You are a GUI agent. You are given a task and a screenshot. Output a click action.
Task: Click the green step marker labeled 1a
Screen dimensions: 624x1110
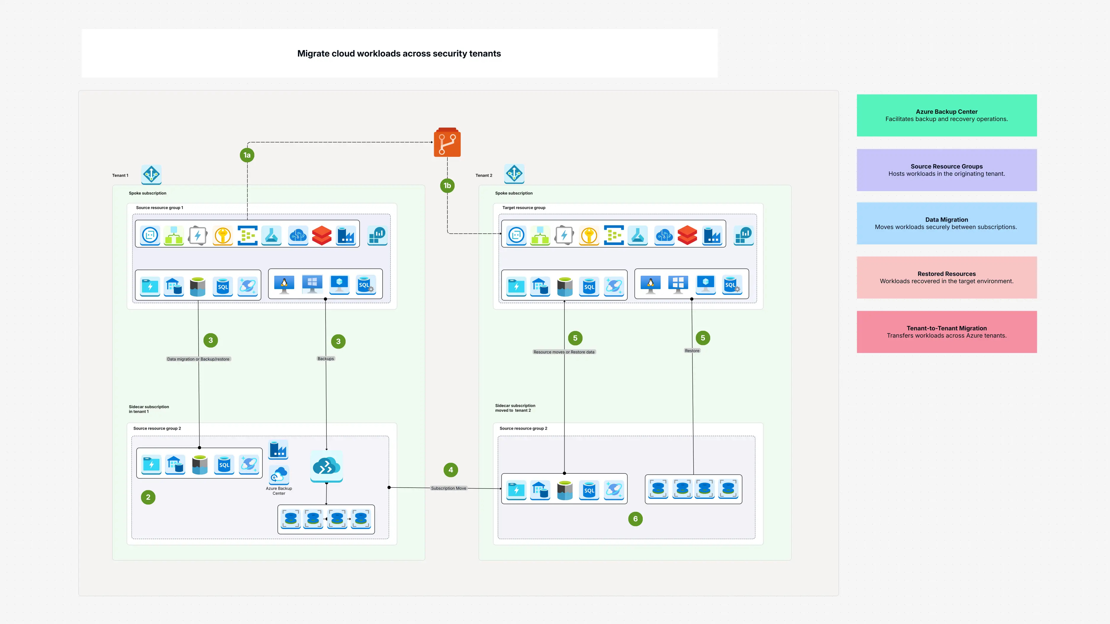pyautogui.click(x=247, y=155)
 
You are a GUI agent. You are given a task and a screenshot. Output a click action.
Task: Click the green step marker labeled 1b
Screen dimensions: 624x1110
pyautogui.click(x=447, y=186)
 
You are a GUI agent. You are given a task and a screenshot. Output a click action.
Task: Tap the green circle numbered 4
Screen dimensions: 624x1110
pyautogui.click(x=451, y=470)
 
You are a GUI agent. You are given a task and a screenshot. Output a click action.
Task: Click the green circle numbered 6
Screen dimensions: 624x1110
pyautogui.click(x=635, y=519)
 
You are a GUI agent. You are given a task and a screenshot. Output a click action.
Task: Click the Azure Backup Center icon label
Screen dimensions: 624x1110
pyautogui.click(x=279, y=491)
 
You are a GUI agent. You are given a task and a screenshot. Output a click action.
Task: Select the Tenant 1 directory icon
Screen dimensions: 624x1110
pyautogui.click(x=151, y=175)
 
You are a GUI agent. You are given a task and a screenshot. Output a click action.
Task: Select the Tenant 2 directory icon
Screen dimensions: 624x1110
pyautogui.click(x=514, y=174)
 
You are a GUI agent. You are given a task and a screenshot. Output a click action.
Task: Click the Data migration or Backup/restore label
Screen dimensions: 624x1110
pyautogui.click(x=198, y=359)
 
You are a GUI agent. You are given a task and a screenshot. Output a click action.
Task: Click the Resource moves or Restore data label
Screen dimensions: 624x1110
pyautogui.click(x=564, y=352)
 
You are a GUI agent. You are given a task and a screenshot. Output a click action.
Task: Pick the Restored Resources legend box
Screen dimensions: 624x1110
pyautogui.click(x=946, y=278)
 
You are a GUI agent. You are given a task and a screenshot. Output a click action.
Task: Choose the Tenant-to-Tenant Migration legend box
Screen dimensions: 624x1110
pyautogui.click(x=946, y=332)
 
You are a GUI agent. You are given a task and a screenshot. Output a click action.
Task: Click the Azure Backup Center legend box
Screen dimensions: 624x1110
pyautogui.click(x=946, y=115)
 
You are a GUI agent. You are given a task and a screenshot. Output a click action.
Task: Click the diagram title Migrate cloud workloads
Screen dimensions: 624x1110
pyautogui.click(x=399, y=54)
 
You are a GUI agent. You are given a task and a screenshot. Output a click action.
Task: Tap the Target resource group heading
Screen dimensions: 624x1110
pyautogui.click(x=523, y=208)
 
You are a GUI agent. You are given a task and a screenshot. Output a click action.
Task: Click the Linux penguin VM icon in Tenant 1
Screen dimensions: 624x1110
pyautogui.click(x=284, y=284)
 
